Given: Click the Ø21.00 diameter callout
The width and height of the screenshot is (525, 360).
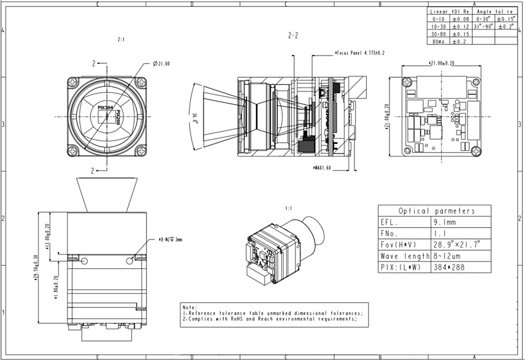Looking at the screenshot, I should point(161,63).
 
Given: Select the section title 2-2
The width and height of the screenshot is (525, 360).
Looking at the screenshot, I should point(292,35).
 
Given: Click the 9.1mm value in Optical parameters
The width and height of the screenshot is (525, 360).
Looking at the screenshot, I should point(445,222).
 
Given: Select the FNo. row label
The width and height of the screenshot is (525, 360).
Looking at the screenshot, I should point(390,233).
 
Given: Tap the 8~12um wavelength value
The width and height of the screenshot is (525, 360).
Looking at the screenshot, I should point(445,256).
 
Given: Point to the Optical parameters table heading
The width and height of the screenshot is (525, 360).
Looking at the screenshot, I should point(434,211).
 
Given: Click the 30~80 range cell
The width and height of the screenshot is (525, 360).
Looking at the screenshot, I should point(438,34).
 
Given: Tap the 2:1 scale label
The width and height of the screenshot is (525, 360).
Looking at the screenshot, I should point(121,40).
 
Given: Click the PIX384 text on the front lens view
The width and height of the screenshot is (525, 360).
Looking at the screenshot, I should point(105,107).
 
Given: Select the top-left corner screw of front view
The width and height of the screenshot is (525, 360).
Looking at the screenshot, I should point(74,83).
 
